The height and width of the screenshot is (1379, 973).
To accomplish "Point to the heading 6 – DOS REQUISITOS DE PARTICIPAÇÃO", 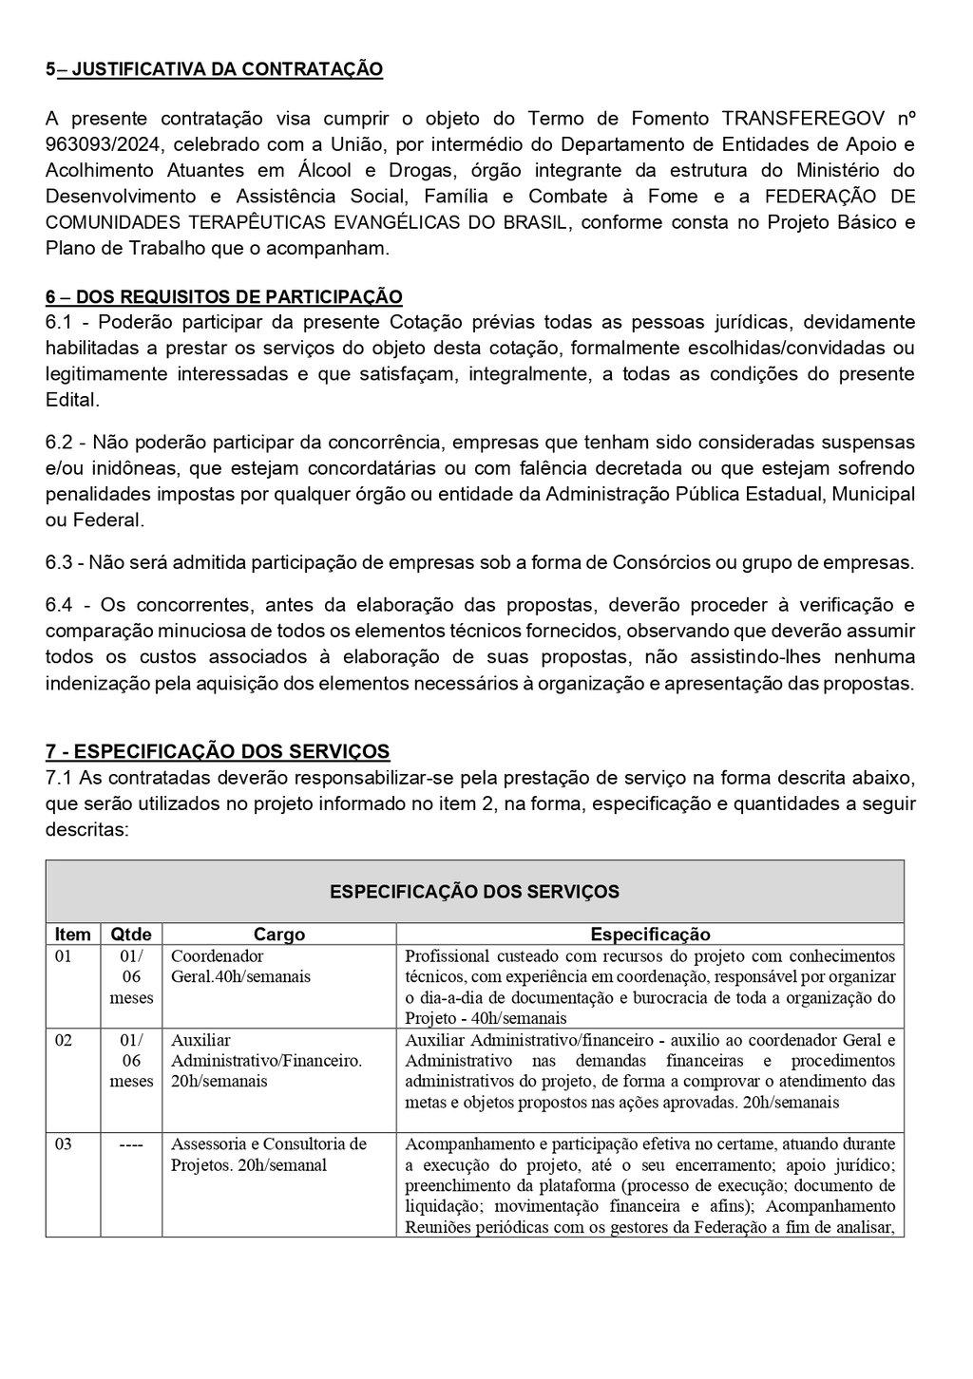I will (223, 296).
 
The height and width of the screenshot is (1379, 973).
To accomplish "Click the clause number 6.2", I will (60, 444).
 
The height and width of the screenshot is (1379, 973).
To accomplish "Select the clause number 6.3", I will (60, 562).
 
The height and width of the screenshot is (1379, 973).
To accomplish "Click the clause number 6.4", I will (60, 606).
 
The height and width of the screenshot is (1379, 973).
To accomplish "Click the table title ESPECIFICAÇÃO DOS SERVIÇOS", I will (474, 891).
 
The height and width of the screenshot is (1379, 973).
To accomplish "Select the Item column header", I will (73, 935).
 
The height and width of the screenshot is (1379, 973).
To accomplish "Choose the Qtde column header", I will (131, 935).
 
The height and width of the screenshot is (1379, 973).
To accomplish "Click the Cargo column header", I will (279, 935).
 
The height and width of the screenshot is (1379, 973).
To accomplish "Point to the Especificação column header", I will (650, 935).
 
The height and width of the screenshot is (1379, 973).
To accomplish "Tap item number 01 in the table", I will (64, 956).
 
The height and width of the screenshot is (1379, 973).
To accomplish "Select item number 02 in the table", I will (64, 1040).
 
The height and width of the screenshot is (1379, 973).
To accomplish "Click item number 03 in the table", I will (64, 1143).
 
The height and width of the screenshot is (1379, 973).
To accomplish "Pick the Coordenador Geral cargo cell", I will (240, 966).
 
